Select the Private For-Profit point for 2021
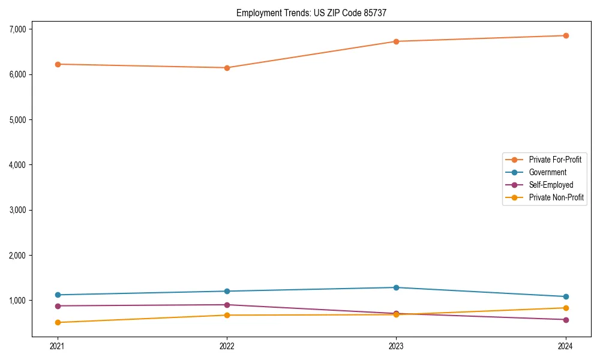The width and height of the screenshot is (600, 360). coord(58,64)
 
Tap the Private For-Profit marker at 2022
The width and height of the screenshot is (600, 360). coord(227,68)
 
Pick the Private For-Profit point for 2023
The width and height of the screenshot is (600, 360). coord(396,41)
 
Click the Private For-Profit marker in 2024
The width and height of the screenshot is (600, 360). coord(566,35)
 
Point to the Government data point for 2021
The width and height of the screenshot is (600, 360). coord(58,295)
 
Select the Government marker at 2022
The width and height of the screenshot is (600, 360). coord(227,291)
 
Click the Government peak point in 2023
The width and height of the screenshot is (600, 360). coord(396,287)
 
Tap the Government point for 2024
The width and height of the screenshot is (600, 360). coord(566,296)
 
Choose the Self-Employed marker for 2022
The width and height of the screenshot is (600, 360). coord(227,305)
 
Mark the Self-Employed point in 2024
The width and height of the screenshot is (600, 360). coord(566,320)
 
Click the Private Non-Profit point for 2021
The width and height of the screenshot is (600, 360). coord(58,322)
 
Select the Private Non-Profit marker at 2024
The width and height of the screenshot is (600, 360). coord(566,308)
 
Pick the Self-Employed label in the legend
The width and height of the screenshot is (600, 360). coord(551,185)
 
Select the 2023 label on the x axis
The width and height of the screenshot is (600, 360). coord(396,346)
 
